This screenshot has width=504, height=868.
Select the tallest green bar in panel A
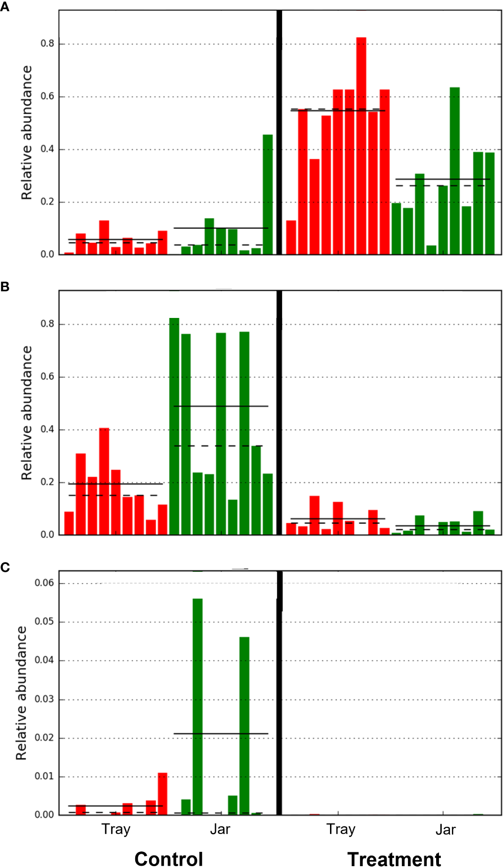click(x=454, y=171)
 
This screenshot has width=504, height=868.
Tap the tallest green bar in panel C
click(x=198, y=706)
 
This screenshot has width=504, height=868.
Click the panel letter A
click(x=5, y=7)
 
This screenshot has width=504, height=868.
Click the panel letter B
click(x=5, y=287)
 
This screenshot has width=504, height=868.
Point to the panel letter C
click(x=5, y=567)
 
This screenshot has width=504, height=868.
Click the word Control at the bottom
click(x=168, y=859)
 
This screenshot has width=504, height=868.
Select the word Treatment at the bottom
click(x=394, y=859)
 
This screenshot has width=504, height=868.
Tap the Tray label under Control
click(x=116, y=829)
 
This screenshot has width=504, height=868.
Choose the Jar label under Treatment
click(x=445, y=830)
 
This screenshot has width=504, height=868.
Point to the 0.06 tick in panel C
click(x=44, y=583)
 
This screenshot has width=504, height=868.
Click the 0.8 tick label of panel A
click(x=47, y=43)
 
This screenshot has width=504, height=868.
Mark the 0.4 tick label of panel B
click(x=47, y=429)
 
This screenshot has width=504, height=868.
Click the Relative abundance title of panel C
click(x=21, y=693)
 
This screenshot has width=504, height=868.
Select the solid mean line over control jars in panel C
click(x=221, y=733)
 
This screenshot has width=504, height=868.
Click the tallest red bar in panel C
click(x=162, y=794)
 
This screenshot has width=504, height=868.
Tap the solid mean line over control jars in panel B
click(x=221, y=406)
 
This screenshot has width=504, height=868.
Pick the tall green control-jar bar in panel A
click(x=268, y=194)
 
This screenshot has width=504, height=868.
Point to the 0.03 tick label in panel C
click(x=44, y=699)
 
